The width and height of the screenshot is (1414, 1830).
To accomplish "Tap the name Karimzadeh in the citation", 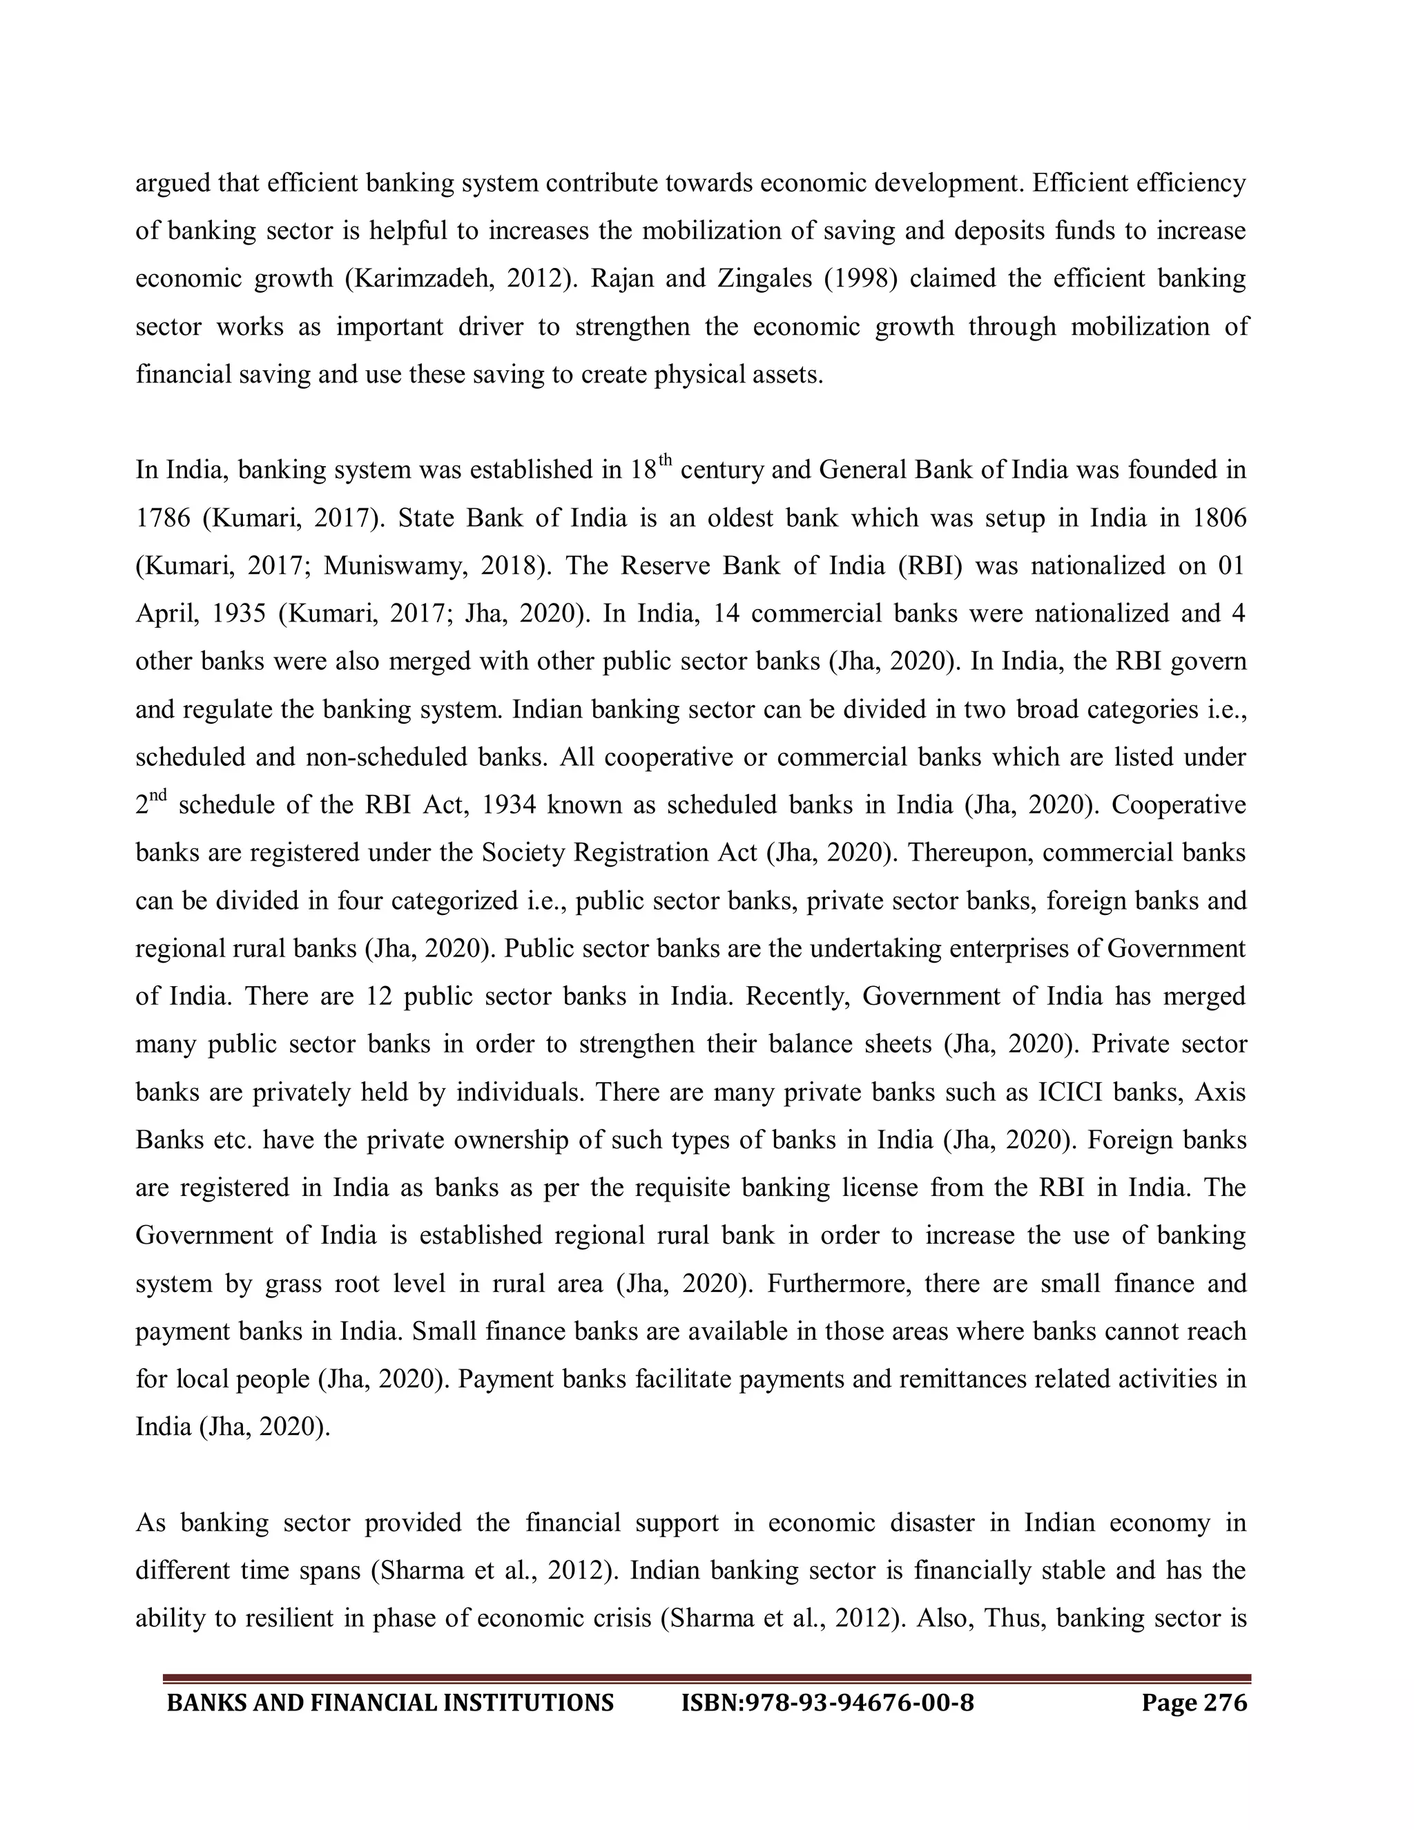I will (x=425, y=278).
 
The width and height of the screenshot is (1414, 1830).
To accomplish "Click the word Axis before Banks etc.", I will (x=1221, y=1092).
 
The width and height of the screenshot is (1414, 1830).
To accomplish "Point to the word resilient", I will (x=290, y=1618).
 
